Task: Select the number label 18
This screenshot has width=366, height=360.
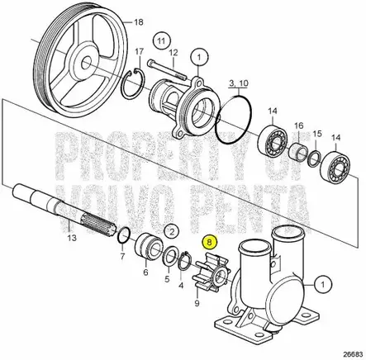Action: [138, 21]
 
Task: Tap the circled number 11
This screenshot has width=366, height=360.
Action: [162, 40]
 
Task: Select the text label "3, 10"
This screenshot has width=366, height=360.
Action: [237, 84]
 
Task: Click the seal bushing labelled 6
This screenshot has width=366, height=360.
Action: [149, 249]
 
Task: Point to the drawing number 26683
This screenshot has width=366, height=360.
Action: [353, 350]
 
